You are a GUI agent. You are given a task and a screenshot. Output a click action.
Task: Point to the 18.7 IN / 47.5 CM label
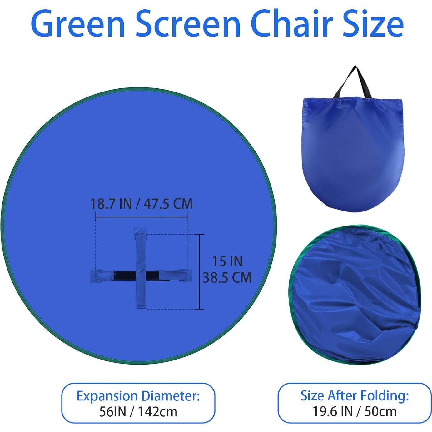click(141, 204)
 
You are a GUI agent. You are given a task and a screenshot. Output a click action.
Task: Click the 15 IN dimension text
click(227, 261)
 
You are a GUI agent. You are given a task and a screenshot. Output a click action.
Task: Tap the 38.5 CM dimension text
click(227, 277)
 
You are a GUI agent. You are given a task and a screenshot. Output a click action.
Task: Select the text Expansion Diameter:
click(138, 396)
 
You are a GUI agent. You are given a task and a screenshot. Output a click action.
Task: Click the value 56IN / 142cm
click(138, 412)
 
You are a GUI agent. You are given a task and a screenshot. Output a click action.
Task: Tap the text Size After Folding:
click(355, 395)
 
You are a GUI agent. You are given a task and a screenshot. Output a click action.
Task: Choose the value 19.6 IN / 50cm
click(355, 411)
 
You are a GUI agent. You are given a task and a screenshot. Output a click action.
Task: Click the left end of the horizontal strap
click(95, 275)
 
